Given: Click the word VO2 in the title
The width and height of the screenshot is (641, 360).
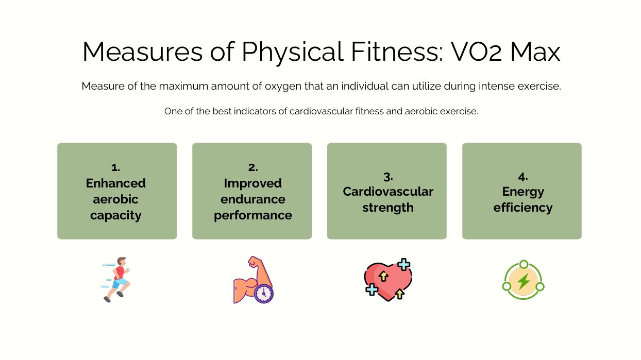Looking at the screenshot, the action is click(476, 52).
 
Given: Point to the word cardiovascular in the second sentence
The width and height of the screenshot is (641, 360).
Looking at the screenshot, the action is click(321, 111).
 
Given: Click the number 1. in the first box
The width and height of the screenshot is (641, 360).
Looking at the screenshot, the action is click(115, 167).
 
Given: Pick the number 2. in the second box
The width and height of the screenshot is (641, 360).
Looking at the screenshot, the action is click(253, 167).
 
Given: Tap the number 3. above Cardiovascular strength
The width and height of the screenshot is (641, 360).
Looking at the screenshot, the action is click(388, 177).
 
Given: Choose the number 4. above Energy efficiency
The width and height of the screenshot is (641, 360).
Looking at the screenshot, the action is click(523, 177).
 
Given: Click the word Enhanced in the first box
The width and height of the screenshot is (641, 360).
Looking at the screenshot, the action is click(116, 183).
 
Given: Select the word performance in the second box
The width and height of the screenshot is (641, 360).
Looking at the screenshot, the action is click(253, 216).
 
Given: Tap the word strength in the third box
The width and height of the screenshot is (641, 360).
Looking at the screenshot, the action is click(388, 208).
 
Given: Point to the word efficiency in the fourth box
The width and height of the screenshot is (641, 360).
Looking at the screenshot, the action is click(523, 208).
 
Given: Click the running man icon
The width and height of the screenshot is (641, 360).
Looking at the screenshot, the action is click(116, 279).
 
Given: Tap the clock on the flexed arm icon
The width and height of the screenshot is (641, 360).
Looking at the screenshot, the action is click(264, 294).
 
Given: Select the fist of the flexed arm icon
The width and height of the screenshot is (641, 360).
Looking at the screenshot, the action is click(254, 261).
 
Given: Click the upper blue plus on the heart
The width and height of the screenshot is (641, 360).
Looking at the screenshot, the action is click(404, 265).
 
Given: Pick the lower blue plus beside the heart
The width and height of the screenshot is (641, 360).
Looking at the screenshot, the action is click(372, 289).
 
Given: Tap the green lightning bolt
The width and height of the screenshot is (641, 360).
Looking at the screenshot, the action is click(524, 281).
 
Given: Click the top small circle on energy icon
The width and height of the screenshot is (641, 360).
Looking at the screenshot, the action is click(524, 264).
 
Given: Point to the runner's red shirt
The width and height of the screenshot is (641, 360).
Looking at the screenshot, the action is click(120, 272).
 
